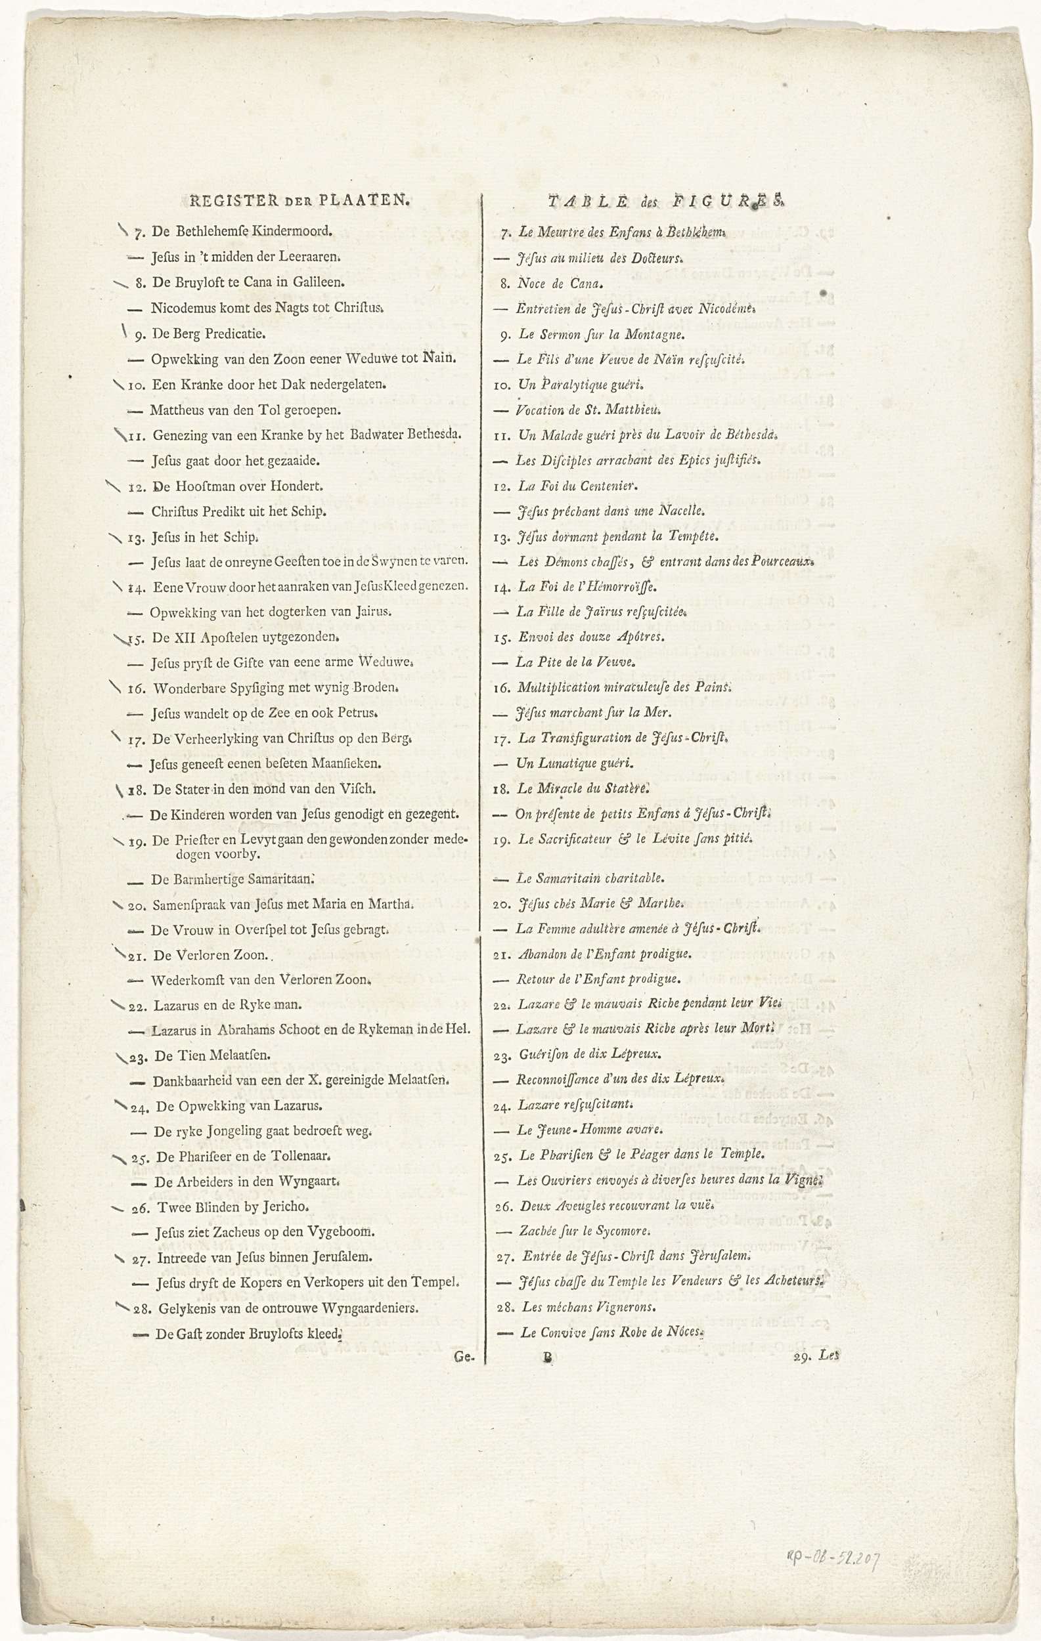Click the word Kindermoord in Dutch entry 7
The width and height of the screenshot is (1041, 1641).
coord(291,231)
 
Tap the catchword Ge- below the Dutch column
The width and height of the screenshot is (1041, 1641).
coord(464,1357)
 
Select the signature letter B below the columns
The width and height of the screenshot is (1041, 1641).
coord(546,1357)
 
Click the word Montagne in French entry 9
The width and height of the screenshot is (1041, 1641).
coord(656,335)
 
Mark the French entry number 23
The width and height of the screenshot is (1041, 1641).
coord(502,1055)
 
